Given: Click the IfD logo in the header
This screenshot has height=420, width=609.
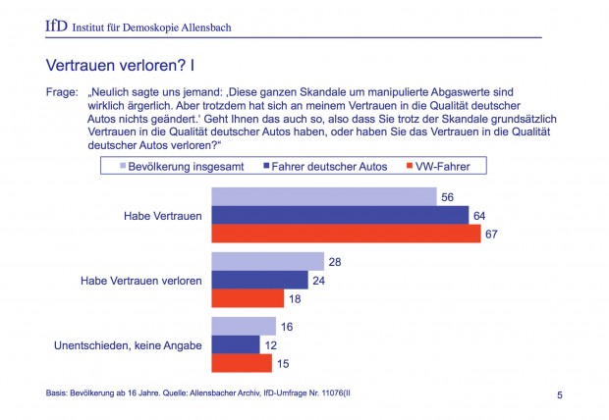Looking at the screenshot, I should tap(56, 26).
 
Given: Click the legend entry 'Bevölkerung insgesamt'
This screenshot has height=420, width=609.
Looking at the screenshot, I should tap(181, 166).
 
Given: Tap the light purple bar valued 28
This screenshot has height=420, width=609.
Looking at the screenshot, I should tap(268, 261).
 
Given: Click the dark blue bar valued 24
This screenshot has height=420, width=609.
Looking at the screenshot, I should tap(260, 280).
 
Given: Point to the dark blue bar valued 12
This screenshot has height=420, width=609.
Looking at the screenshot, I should tap(237, 344).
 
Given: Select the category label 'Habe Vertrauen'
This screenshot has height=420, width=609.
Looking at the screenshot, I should tap(163, 215).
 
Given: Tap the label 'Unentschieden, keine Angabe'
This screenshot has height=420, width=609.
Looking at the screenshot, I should tap(128, 344).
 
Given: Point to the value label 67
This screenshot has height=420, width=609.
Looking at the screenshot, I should tap(492, 234).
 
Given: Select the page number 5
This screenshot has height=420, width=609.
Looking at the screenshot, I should tap(560, 395).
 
